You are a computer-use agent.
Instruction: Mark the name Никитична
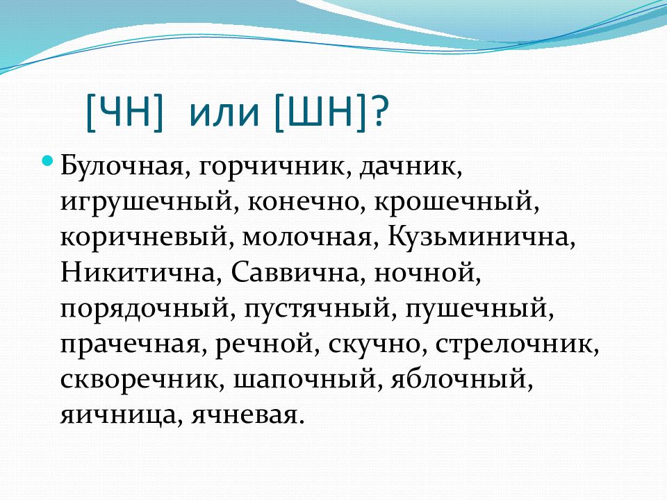coord(135,273)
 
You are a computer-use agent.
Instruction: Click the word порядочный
coord(147,308)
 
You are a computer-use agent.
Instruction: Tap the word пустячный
coord(313,308)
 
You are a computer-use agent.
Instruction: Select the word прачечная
coord(133,344)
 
